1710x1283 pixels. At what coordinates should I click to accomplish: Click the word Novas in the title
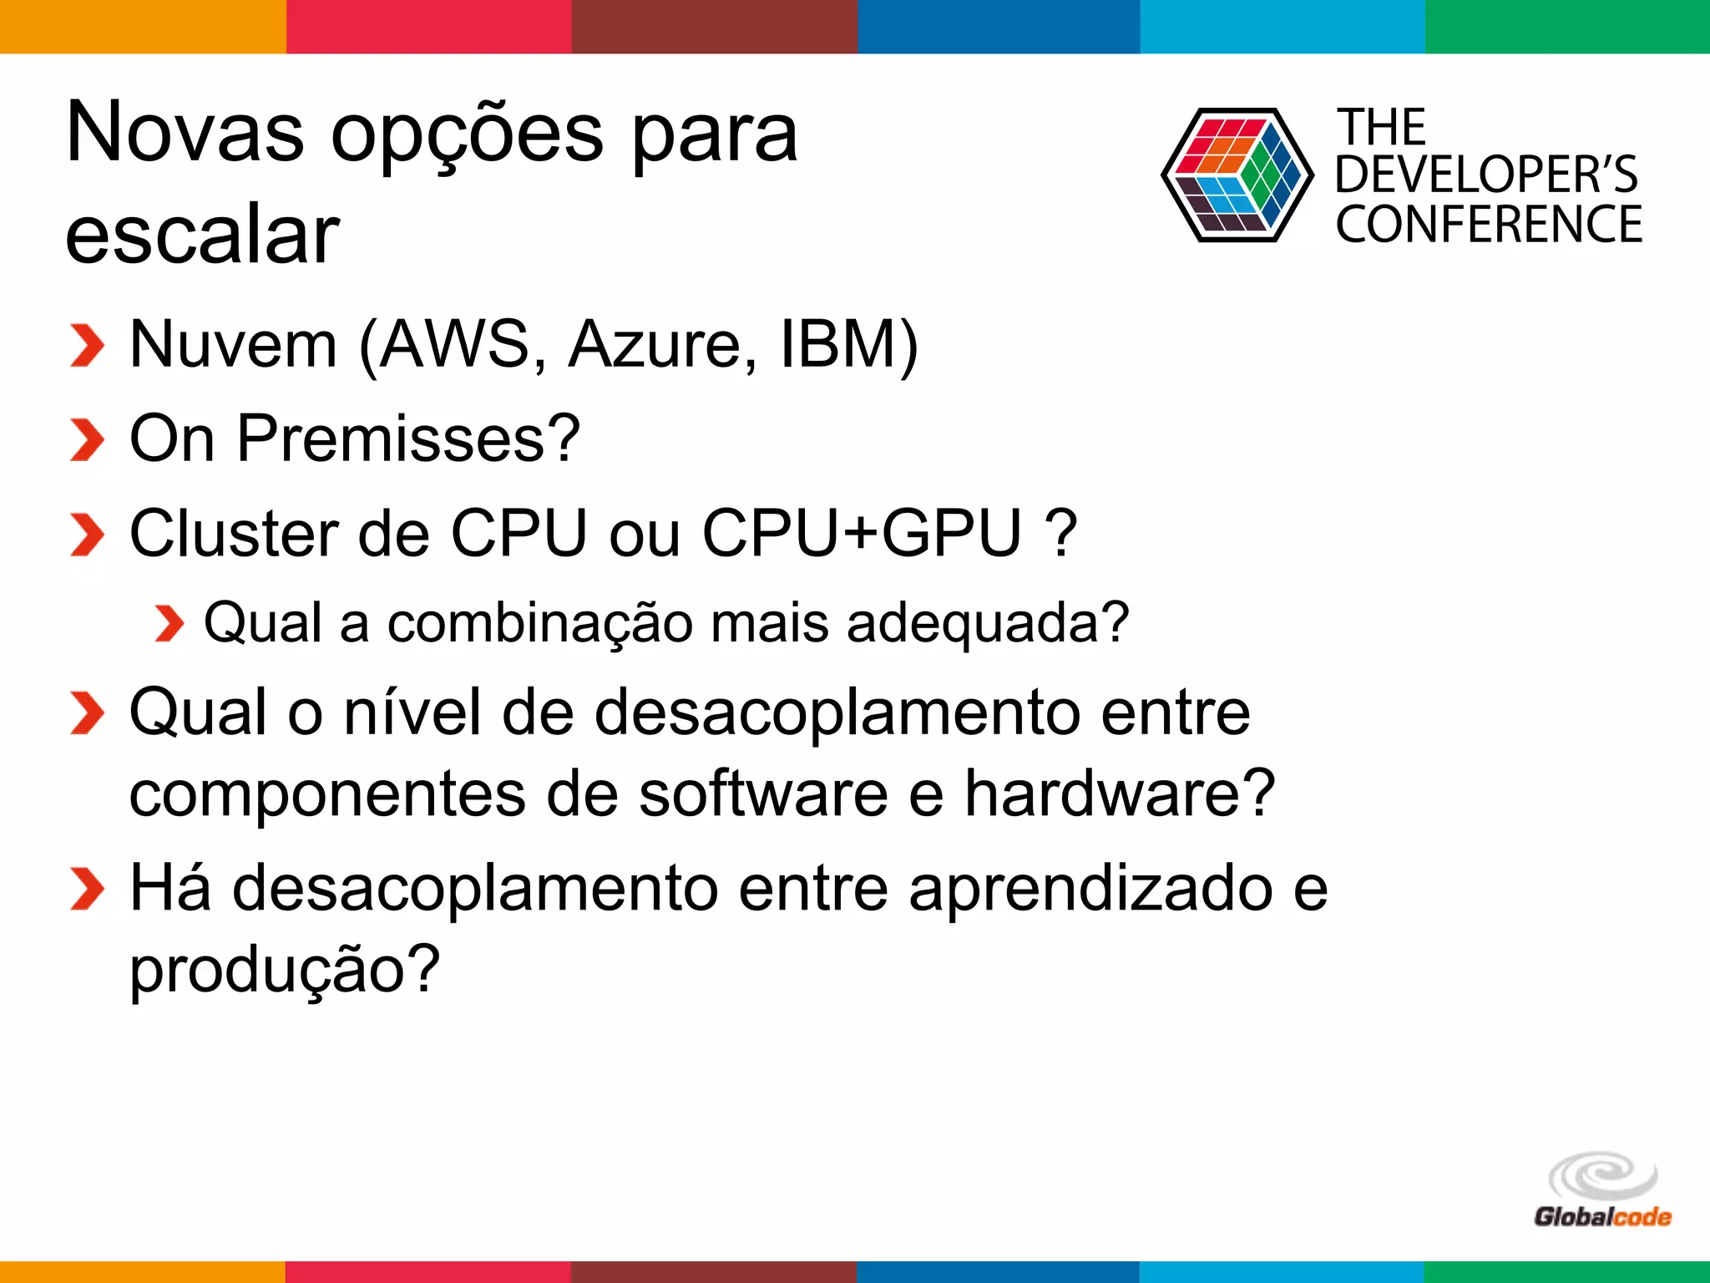click(x=185, y=134)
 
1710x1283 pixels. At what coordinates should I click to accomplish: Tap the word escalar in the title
click(x=203, y=235)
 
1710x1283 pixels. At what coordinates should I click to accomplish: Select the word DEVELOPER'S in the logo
click(x=1486, y=175)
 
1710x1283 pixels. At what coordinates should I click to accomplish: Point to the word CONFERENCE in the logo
click(x=1489, y=225)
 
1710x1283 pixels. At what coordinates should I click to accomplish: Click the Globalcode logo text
click(x=1602, y=1216)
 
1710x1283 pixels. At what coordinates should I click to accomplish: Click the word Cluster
click(x=234, y=533)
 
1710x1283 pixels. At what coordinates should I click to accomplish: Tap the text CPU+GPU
click(x=862, y=533)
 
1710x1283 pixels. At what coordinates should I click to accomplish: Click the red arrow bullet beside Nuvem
click(x=87, y=346)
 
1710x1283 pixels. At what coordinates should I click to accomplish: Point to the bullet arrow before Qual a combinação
click(x=169, y=624)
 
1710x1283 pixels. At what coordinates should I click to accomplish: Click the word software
click(x=763, y=794)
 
